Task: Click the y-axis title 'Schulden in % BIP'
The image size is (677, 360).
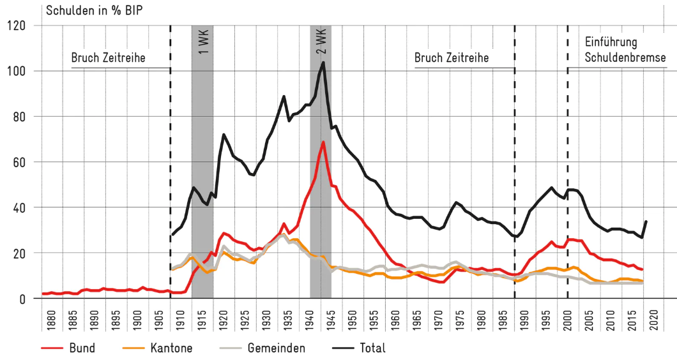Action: [94, 10]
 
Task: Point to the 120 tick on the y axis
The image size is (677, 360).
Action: [15, 26]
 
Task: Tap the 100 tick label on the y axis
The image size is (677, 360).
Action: [15, 71]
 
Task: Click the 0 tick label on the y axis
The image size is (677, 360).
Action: [21, 299]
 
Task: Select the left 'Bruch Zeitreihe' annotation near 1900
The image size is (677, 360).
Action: [108, 58]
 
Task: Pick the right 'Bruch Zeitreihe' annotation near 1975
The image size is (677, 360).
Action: [452, 58]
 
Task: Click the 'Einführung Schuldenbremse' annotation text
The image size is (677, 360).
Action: [617, 50]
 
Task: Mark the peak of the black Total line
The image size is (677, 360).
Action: [323, 63]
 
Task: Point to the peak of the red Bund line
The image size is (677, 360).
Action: [324, 142]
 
